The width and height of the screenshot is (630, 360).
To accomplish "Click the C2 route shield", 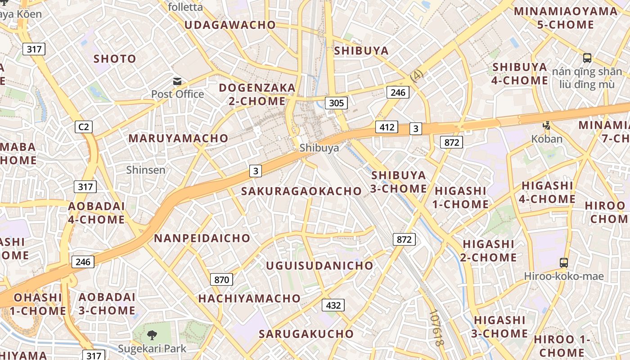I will tap(84, 127).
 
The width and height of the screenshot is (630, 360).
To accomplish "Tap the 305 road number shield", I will tap(336, 103).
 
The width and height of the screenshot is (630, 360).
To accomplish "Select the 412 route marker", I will tap(387, 127).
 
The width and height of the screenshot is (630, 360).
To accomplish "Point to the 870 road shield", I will tap(221, 279).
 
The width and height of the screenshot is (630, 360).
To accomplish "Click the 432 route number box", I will tap(333, 305).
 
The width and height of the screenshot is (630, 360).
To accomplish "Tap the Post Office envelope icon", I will tap(177, 81).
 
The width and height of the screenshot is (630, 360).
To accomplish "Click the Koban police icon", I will tap(547, 126).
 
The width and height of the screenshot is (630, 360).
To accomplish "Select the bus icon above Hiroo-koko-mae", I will tap(563, 262).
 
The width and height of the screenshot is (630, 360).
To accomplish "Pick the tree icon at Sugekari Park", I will tap(152, 335).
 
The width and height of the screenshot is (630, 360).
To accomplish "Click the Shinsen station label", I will tap(146, 170).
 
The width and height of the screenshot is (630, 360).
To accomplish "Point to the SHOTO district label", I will tap(115, 59).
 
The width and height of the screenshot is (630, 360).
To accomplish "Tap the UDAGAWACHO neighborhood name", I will tap(230, 25).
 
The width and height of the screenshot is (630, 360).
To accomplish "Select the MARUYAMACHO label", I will tap(179, 139).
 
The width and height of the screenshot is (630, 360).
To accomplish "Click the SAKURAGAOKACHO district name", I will tap(301, 191).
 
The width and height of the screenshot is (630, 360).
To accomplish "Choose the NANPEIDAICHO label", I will tap(202, 238).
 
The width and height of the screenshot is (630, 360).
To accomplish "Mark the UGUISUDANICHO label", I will tap(319, 265).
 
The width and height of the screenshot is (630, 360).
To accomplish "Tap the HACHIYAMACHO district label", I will tap(249, 298).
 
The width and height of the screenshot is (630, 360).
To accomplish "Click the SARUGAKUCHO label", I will tap(306, 334).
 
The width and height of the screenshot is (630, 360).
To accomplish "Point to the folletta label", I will tap(185, 7).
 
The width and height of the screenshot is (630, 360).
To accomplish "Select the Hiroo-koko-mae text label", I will tap(563, 276).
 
